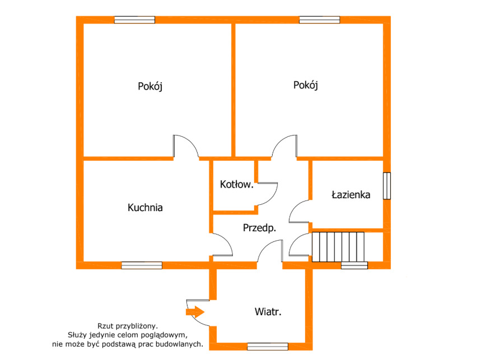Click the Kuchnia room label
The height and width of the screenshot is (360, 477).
click(145, 208)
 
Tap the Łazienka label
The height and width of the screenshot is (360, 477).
click(351, 194)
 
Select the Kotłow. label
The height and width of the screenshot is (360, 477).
click(237, 184)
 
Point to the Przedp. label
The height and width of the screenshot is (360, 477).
click(259, 228)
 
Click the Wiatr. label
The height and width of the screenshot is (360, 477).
click(268, 312)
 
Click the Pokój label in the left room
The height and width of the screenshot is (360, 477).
click(150, 86)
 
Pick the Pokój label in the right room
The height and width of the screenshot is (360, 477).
click(306, 85)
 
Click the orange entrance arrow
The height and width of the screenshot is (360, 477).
click(195, 312)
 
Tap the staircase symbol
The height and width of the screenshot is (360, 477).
click(338, 247)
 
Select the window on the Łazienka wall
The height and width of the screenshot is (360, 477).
click(387, 186)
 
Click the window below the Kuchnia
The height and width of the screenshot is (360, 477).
click(142, 265)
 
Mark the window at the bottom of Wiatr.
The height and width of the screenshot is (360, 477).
click(268, 347)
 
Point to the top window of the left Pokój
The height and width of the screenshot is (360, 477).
click(134, 20)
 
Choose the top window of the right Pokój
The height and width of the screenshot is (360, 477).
click(320, 20)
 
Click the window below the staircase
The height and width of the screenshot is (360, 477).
click(354, 265)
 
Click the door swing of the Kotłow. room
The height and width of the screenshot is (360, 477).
click(272, 198)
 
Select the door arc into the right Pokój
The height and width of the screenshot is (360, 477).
click(279, 142)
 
